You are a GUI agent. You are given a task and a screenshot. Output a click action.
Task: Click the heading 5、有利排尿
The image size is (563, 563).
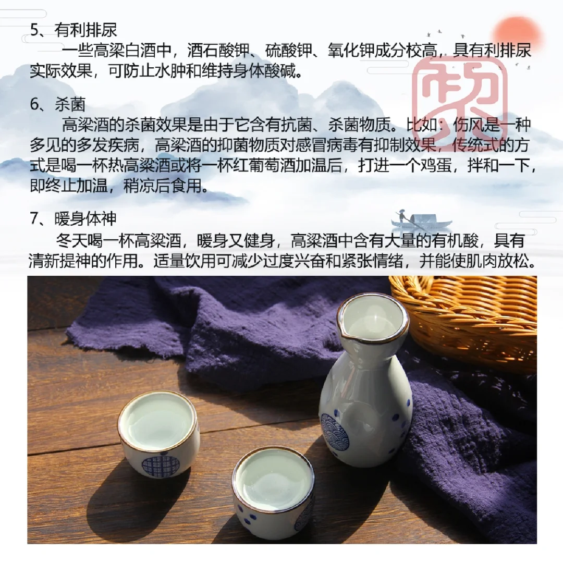pos(74,30)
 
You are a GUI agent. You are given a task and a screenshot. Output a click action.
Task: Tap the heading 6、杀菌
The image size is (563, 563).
pos(58,104)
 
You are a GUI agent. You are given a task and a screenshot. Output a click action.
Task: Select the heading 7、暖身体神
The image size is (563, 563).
pos(74,218)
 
